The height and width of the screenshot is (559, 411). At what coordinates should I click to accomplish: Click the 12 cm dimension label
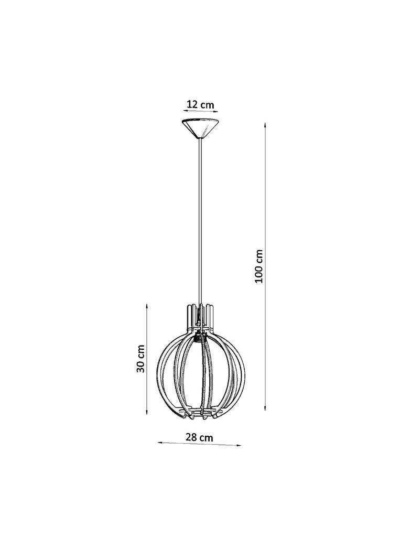pyautogui.click(x=200, y=104)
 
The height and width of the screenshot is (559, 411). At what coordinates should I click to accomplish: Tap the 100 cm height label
pyautogui.click(x=259, y=266)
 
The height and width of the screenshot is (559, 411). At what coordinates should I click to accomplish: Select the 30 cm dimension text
pyautogui.click(x=140, y=359)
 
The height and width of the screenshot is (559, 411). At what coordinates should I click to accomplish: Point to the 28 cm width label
pyautogui.click(x=199, y=437)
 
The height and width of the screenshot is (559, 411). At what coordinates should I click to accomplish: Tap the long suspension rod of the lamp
pyautogui.click(x=200, y=220)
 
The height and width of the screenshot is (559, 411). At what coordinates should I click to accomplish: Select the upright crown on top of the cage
pyautogui.click(x=199, y=314)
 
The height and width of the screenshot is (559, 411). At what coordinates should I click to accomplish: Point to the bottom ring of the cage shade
pyautogui.click(x=199, y=414)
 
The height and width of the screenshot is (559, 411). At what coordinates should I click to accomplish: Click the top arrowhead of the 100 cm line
pyautogui.click(x=266, y=125)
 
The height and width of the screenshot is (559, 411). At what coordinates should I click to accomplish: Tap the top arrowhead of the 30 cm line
pyautogui.click(x=147, y=306)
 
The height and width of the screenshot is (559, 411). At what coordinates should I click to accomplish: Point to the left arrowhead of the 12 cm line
pyautogui.click(x=184, y=111)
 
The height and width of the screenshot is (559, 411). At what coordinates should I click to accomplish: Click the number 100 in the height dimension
pyautogui.click(x=259, y=274)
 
